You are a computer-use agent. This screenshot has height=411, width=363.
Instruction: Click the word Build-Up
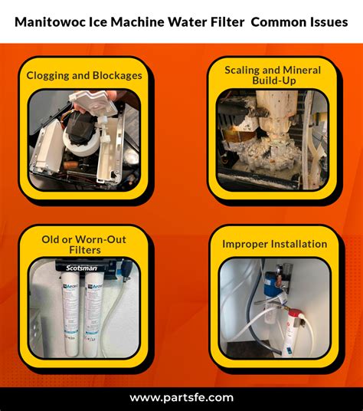tap(273, 81)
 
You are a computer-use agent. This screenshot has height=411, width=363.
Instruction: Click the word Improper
tap(245, 244)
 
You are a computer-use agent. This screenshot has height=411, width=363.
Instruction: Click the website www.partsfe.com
tap(181, 397)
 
